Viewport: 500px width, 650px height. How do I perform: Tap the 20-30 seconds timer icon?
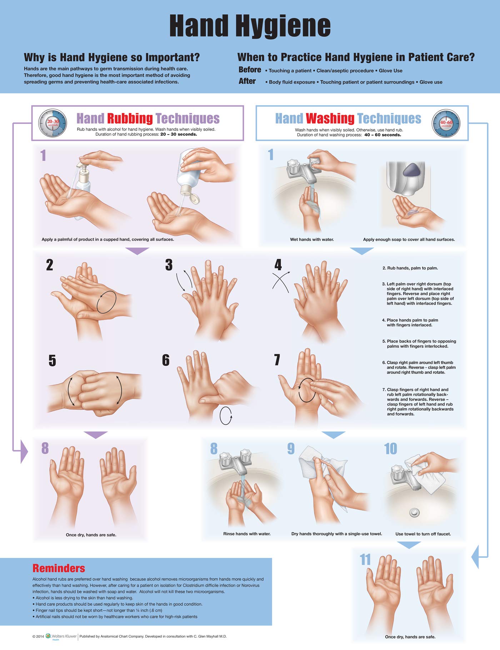coord(52,123)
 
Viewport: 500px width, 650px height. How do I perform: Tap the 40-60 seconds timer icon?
coord(446,124)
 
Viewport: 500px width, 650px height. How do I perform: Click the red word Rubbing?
coord(130,118)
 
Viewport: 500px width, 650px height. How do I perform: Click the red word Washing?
coord(330,118)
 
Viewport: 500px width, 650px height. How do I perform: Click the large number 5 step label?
coord(52,360)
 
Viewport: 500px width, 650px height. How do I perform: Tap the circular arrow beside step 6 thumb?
coord(226,415)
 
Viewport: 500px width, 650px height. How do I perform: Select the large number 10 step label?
coord(390,449)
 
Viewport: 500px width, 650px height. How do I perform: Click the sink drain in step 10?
coord(414,512)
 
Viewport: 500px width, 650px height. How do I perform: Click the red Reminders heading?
coord(59,568)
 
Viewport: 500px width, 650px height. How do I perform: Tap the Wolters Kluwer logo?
coord(61,636)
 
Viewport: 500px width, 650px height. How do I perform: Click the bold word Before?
coord(250,70)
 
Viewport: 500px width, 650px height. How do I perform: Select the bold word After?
coord(247,81)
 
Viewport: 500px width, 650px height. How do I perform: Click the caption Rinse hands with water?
coord(247,534)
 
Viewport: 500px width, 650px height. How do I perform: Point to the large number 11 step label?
coord(365,560)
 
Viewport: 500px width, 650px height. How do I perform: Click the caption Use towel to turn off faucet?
coord(423,534)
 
